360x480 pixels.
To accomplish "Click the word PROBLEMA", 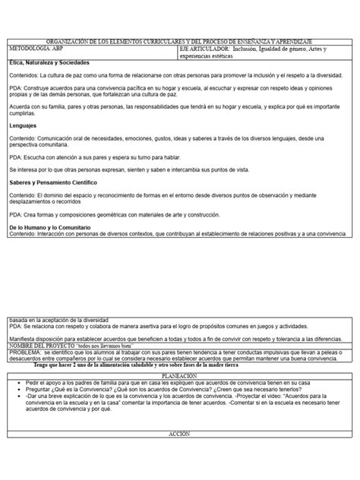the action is click(x=24, y=332).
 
